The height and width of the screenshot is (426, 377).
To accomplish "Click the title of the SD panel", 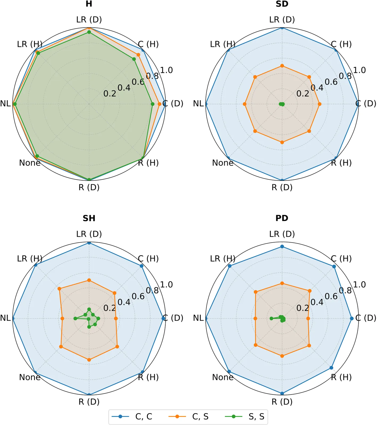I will (282, 4).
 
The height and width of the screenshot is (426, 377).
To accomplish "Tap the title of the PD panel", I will (282, 218).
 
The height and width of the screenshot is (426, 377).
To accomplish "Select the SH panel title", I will (89, 218).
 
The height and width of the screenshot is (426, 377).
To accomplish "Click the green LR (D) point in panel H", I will (89, 32).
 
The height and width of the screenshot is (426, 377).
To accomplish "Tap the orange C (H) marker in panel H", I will (138, 55).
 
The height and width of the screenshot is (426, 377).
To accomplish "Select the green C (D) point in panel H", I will (153, 104).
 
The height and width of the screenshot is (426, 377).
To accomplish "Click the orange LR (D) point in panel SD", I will (282, 66).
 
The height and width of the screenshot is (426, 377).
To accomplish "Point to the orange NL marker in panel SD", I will (245, 104).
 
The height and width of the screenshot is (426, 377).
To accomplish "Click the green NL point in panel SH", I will (75, 318).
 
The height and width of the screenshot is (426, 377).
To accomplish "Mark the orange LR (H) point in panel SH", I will (60, 289).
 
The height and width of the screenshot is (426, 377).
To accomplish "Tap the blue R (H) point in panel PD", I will (331, 368).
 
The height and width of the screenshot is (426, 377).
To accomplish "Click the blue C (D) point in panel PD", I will (352, 318).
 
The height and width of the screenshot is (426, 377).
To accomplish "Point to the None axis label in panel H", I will (30, 163).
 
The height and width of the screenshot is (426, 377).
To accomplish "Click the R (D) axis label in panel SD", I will (282, 187).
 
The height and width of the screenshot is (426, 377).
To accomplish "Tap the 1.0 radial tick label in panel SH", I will (167, 285).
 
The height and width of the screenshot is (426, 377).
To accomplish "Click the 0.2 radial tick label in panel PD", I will (303, 308).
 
